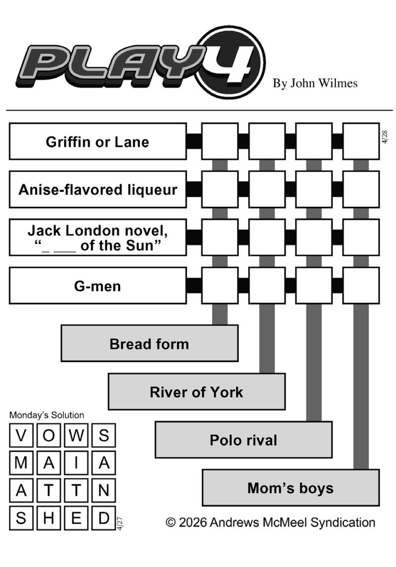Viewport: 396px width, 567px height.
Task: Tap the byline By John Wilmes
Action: coord(315,83)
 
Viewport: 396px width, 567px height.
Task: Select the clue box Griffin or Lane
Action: coord(97,142)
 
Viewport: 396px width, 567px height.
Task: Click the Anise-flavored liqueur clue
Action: coord(97,189)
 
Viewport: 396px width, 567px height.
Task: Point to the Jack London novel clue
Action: coord(97,237)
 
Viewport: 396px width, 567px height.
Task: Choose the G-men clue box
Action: coord(97,285)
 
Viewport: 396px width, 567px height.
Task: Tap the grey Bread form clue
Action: coord(149,343)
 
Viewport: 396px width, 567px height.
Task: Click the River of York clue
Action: coord(196,392)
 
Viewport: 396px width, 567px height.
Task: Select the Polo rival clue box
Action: coord(243,440)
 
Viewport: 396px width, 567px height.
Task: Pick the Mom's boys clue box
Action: coord(290,488)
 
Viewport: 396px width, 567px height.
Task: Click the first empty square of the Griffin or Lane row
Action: coord(220,142)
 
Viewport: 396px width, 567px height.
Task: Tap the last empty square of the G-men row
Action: coord(361,285)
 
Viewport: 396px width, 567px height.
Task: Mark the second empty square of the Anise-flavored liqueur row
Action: coord(267,189)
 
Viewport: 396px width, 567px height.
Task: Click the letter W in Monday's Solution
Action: coord(76,436)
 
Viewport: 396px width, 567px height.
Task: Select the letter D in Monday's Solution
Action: coord(103,518)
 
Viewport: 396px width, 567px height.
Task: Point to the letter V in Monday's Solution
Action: coord(21,436)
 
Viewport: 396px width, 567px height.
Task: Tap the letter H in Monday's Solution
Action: coord(48,518)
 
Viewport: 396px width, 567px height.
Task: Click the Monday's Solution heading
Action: coord(46,415)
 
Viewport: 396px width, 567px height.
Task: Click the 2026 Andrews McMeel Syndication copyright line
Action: coord(270,522)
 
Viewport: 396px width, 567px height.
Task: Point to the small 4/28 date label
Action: coord(385,137)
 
